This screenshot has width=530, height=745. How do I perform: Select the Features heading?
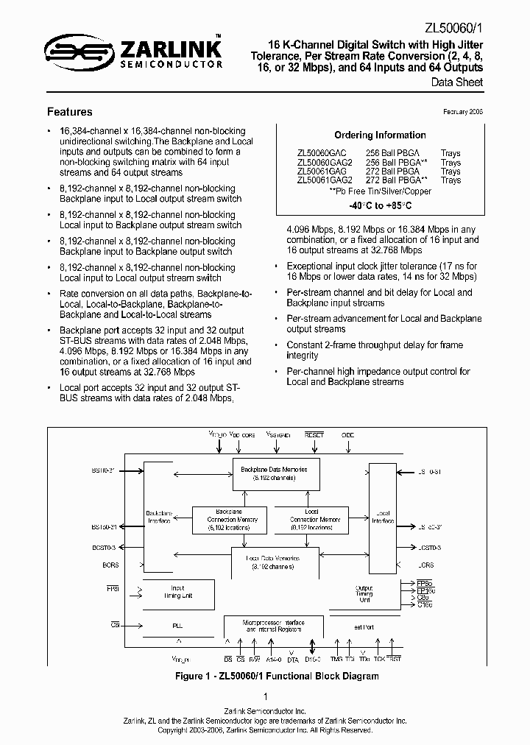[x=69, y=112]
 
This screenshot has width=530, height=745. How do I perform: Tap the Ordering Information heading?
[x=380, y=135]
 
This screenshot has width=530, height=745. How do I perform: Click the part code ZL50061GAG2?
[x=325, y=180]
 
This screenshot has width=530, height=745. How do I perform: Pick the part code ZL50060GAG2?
[x=325, y=163]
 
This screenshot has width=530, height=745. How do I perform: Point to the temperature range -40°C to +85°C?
[x=380, y=205]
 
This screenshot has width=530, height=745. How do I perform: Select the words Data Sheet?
[x=457, y=82]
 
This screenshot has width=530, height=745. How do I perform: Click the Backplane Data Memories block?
[x=275, y=473]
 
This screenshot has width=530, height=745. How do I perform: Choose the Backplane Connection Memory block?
[x=227, y=519]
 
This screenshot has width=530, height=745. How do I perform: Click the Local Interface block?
[x=382, y=515]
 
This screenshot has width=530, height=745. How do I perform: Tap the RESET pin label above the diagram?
[x=314, y=435]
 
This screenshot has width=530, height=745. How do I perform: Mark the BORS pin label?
[x=110, y=565]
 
